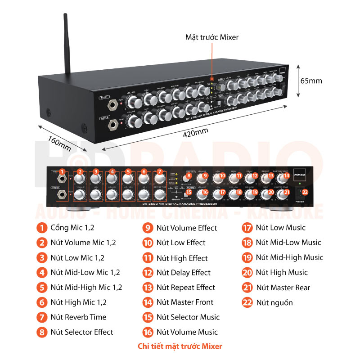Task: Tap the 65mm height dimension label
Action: (310, 81)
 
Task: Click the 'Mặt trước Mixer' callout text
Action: (211, 37)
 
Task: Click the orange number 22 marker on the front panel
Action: (305, 192)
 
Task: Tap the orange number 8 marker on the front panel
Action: (189, 175)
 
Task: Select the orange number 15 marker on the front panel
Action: (189, 192)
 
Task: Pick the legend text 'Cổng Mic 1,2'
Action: (72, 228)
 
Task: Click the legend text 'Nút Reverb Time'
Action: (78, 317)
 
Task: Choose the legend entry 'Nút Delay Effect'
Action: (183, 272)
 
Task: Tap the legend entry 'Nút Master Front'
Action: (184, 302)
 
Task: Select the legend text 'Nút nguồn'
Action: (274, 302)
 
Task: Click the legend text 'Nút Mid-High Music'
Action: (289, 257)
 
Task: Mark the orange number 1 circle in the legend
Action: (42, 228)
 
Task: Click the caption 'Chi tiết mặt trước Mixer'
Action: (180, 346)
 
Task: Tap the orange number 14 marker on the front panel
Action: (286, 175)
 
